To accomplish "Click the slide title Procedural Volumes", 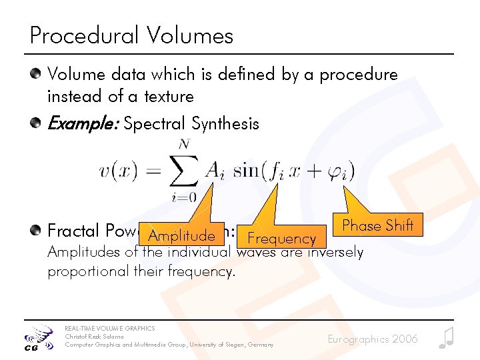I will tap(131, 35).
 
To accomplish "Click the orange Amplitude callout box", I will tap(181, 235).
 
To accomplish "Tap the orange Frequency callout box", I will tap(281, 238).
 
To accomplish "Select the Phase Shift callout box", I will tap(377, 225).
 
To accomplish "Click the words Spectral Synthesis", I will tap(191, 123).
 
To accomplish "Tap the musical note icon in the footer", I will tap(446, 338).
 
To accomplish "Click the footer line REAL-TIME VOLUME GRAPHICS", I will tap(109, 328).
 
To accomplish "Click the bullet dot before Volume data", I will tap(38, 75).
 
